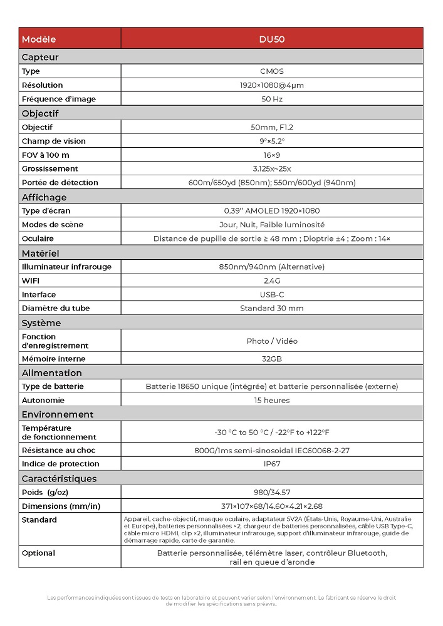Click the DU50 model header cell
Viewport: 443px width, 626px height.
(x=271, y=39)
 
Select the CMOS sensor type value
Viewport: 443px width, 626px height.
(x=271, y=71)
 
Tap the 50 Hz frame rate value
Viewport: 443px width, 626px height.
(x=271, y=99)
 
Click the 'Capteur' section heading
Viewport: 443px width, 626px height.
(x=40, y=57)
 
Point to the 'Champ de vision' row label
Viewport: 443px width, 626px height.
(x=54, y=141)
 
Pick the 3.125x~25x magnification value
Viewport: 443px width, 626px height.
(x=271, y=168)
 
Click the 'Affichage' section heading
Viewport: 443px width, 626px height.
(x=44, y=197)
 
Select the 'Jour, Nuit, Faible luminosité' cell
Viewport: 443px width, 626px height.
(x=271, y=225)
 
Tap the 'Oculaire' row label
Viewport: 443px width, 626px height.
(x=38, y=239)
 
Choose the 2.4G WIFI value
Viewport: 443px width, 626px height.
(x=271, y=280)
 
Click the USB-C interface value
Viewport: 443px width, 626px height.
(x=271, y=294)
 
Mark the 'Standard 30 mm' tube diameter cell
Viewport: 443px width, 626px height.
(x=271, y=308)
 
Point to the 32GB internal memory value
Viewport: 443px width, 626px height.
(x=271, y=359)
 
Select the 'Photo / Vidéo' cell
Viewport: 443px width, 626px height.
(x=271, y=341)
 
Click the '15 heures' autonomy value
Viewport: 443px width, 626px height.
(x=271, y=400)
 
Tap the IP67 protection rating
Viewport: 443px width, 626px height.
(x=271, y=464)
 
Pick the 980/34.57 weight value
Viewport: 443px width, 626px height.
(x=271, y=492)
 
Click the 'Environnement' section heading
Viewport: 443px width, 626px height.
(x=58, y=414)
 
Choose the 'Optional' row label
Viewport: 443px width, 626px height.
(x=38, y=553)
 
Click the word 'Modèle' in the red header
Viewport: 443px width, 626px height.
(x=39, y=39)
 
